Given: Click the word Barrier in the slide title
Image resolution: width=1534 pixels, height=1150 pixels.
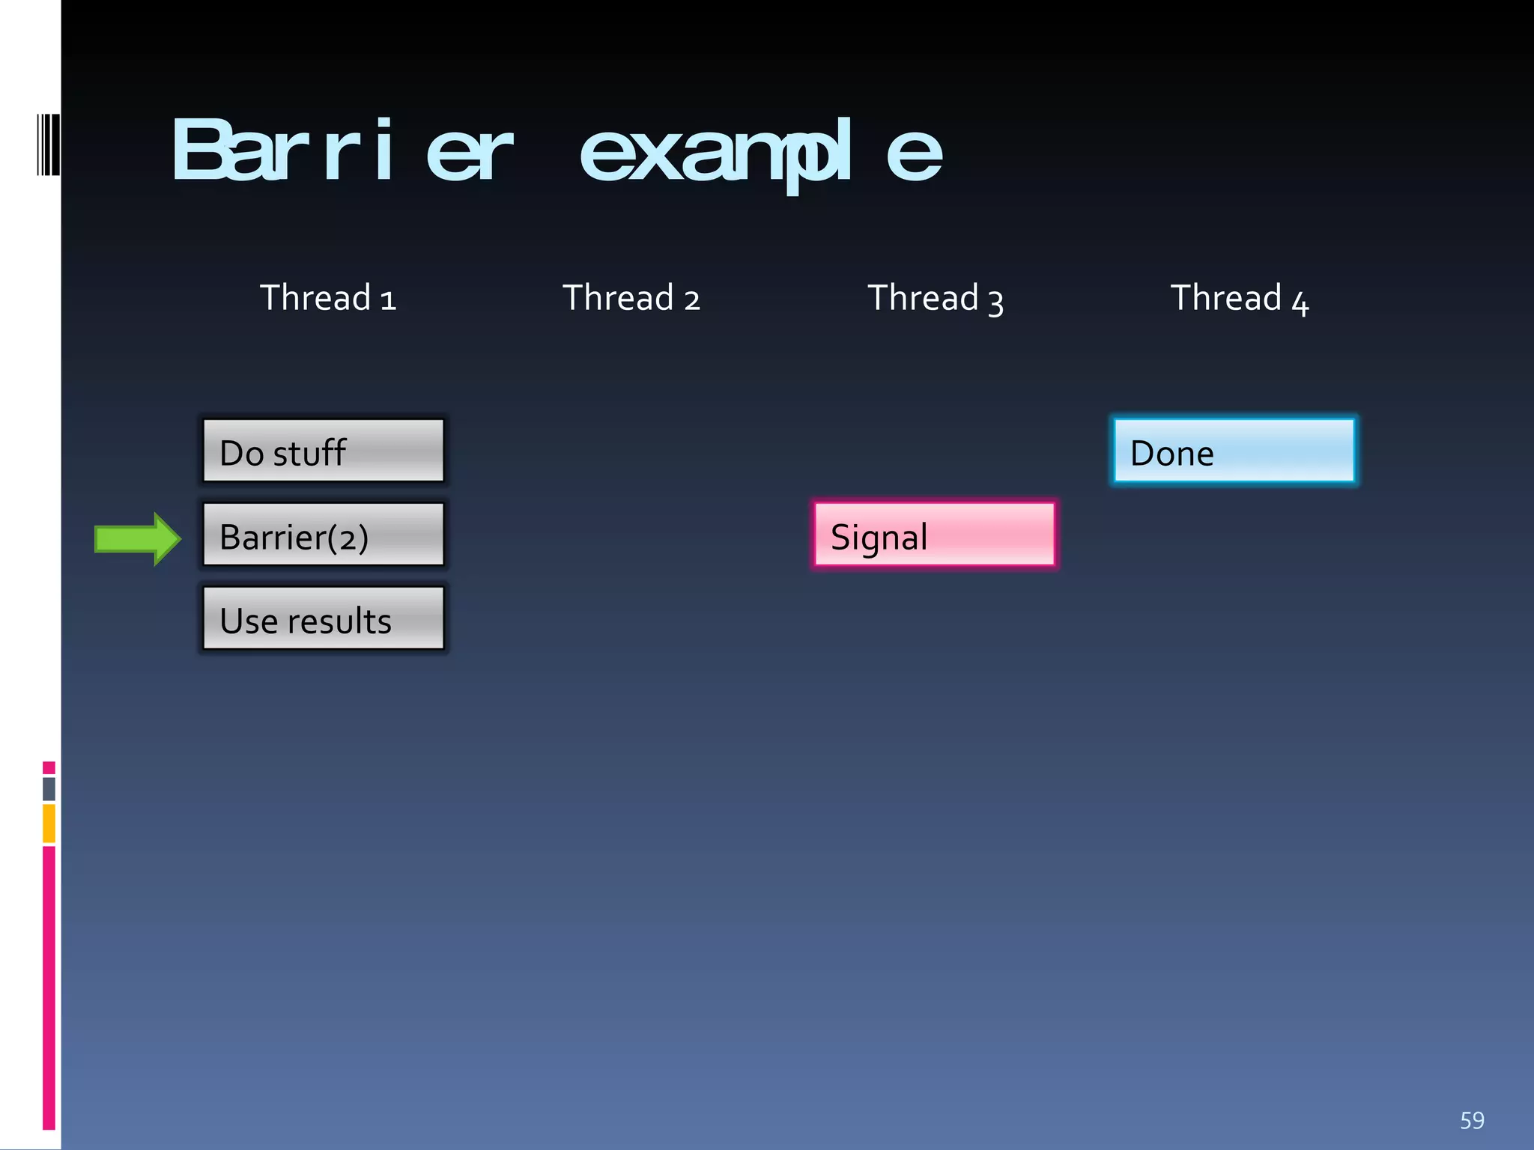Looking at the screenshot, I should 342,152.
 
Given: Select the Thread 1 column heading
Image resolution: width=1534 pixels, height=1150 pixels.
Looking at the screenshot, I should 327,298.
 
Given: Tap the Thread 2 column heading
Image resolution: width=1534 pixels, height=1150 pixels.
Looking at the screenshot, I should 631,298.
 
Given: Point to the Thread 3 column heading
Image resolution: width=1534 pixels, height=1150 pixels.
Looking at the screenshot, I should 935,298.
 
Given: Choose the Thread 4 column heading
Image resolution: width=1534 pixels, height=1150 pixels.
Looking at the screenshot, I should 1239,298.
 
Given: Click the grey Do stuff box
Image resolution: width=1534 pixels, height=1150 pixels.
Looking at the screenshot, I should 324,451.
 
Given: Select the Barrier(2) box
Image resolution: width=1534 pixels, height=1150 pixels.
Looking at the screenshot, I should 324,535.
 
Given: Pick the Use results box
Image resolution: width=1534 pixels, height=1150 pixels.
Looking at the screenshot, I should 324,618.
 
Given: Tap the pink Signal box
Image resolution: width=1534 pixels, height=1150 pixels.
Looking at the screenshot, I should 935,535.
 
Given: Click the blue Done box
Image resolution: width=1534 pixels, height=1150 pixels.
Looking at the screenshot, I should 1234,451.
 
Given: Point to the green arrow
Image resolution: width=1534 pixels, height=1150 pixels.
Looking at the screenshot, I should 137,539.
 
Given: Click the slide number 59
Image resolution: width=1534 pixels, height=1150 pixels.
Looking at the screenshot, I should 1472,1120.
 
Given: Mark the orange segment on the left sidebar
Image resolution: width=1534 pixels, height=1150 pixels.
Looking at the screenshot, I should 49,824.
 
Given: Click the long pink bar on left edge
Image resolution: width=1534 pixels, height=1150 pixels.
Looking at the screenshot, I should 49,987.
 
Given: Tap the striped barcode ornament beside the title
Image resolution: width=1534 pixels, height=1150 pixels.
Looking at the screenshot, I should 48,145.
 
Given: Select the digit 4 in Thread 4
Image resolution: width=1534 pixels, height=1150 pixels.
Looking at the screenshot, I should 1300,303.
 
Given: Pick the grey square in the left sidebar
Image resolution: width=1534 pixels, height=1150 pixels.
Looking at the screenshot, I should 49,788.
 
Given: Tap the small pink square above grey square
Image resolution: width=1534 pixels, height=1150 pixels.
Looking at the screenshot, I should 49,767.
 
